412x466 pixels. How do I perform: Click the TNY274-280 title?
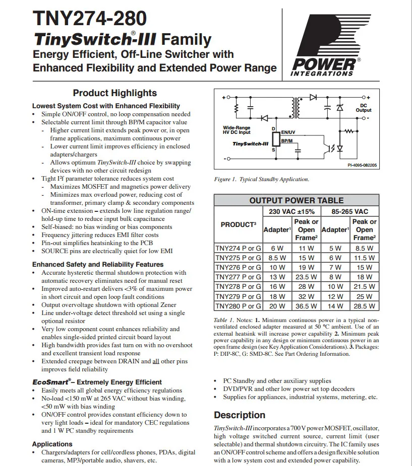pyautogui.click(x=90, y=19)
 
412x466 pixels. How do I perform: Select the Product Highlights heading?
pyautogui.click(x=114, y=93)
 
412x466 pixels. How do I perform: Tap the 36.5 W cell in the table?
pyautogui.click(x=306, y=305)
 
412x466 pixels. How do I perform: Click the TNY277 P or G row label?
pyautogui.click(x=238, y=277)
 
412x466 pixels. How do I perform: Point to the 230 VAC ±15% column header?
pyautogui.click(x=292, y=212)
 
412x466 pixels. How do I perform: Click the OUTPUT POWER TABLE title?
pyautogui.click(x=297, y=200)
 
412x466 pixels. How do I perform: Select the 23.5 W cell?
pyautogui.click(x=306, y=277)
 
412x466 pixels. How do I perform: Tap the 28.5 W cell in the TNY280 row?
pyautogui.click(x=364, y=305)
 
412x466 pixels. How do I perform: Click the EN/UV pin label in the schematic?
pyautogui.click(x=287, y=131)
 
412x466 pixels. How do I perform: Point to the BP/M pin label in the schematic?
pyautogui.click(x=286, y=141)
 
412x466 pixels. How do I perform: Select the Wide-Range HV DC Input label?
pyautogui.click(x=237, y=130)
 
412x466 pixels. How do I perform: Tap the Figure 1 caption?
pyautogui.click(x=262, y=179)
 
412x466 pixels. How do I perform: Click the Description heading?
pyautogui.click(x=239, y=415)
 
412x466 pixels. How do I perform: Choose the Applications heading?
pyautogui.click(x=52, y=444)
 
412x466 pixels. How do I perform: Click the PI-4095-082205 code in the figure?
pyautogui.click(x=362, y=165)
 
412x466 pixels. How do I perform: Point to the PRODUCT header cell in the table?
pyautogui.click(x=238, y=224)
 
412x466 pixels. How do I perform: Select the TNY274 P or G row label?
pyautogui.click(x=238, y=248)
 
